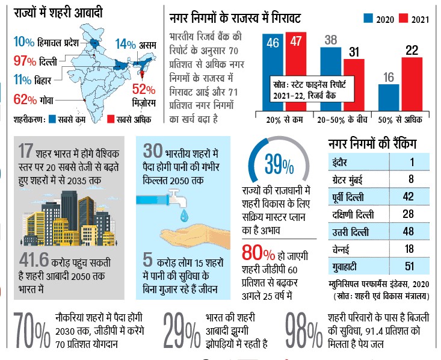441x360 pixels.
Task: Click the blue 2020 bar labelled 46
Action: (273, 72)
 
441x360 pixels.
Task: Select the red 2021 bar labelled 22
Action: (412, 84)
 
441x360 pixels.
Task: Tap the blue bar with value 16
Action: (389, 98)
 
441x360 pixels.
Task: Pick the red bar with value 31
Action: (354, 85)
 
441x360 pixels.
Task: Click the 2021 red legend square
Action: (403, 18)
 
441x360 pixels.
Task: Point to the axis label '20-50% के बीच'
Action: (342, 120)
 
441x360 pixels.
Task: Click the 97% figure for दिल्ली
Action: (25, 61)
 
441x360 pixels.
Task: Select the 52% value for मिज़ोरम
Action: (144, 90)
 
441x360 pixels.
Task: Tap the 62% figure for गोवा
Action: (25, 100)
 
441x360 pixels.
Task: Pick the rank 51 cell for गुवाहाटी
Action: (409, 266)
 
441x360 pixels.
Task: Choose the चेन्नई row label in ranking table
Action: (341, 249)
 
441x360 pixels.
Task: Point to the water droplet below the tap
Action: (184, 215)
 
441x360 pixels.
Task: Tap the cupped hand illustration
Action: (195, 237)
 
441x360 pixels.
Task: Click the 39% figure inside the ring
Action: (279, 164)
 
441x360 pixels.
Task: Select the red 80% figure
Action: (258, 253)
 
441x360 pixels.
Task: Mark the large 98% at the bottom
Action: (304, 330)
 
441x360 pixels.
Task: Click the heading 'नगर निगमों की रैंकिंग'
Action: (372, 144)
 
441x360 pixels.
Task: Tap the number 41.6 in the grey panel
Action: (34, 259)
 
